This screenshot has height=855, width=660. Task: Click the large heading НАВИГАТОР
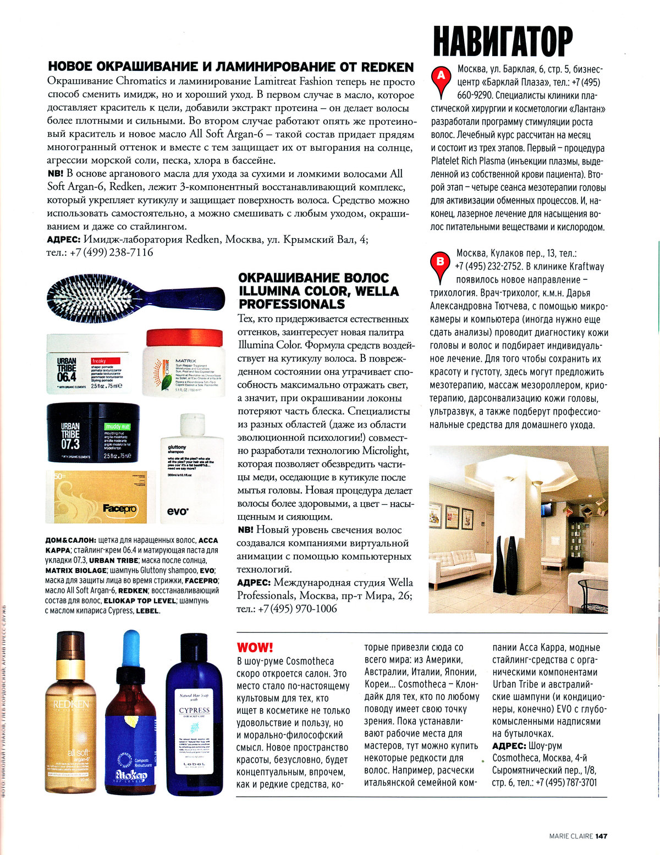click(x=503, y=41)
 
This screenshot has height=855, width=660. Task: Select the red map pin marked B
click(x=440, y=261)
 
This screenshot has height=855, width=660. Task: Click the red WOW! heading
click(x=255, y=647)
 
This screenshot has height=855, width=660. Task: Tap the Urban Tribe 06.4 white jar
click(x=89, y=363)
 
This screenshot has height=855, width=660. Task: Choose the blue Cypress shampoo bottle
click(x=194, y=715)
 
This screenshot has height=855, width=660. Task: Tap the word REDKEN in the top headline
click(x=387, y=67)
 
